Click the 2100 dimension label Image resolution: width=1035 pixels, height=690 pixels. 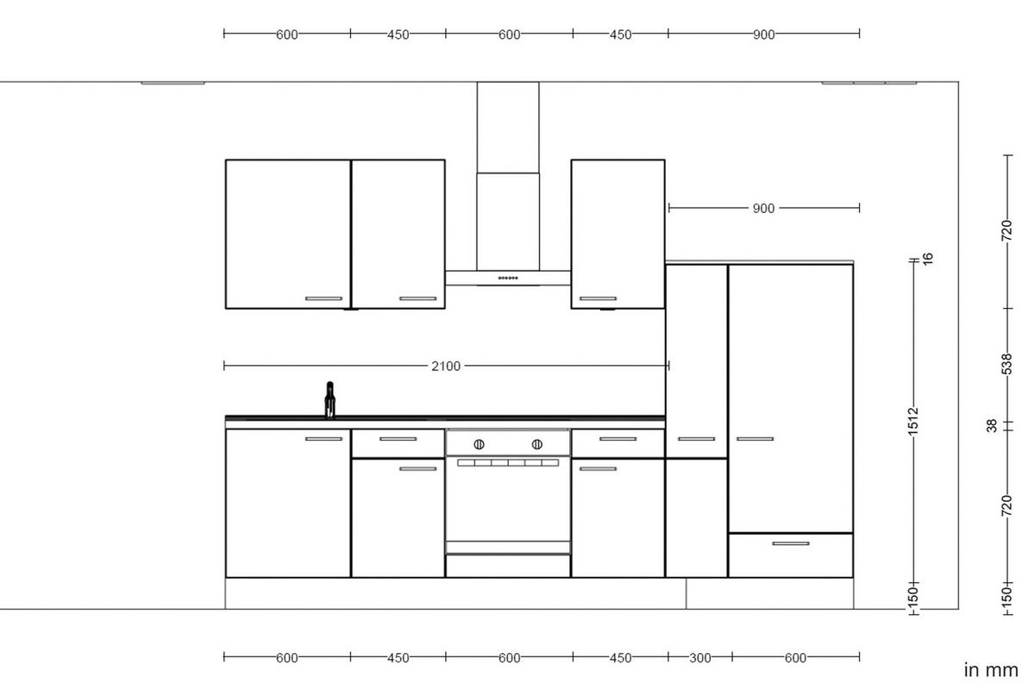(x=446, y=366)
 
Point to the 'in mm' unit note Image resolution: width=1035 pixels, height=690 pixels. (x=991, y=669)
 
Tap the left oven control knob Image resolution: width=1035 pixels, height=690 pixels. (x=479, y=444)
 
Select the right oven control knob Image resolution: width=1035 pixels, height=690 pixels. (x=536, y=444)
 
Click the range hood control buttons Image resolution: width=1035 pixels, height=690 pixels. (x=508, y=278)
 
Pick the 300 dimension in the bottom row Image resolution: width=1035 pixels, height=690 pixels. (x=699, y=658)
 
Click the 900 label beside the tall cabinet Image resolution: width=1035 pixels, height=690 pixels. (x=763, y=208)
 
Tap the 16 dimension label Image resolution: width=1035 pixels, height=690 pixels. (x=928, y=258)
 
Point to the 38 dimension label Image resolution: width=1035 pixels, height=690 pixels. (x=992, y=425)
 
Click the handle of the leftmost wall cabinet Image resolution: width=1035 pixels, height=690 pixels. (x=323, y=298)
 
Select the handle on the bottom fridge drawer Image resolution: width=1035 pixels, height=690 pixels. (x=790, y=543)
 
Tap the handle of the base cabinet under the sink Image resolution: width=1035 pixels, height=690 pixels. (x=323, y=439)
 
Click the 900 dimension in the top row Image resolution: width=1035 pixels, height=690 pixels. (x=763, y=34)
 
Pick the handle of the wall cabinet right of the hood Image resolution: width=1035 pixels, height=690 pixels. (x=598, y=298)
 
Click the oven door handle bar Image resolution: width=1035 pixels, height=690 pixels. (x=508, y=463)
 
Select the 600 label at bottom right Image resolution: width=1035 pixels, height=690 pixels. (x=795, y=658)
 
